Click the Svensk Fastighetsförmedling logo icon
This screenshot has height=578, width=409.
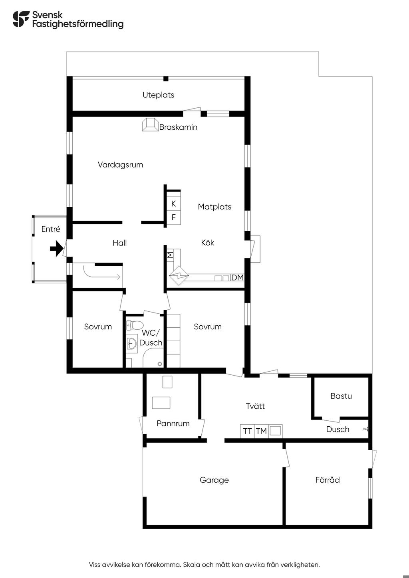(x=21, y=19)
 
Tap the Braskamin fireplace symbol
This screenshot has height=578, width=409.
(x=150, y=125)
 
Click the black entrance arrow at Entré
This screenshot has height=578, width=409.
(x=57, y=249)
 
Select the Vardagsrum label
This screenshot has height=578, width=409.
(x=120, y=164)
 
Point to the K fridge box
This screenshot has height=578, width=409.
(x=173, y=204)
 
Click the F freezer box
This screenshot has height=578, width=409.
(x=173, y=218)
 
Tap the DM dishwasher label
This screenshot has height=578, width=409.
(x=237, y=277)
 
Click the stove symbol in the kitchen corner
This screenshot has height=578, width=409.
(x=179, y=275)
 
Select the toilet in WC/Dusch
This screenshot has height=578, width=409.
(x=135, y=325)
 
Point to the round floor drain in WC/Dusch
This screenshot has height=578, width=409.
(x=160, y=364)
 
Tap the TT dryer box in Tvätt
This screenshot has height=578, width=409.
(x=247, y=431)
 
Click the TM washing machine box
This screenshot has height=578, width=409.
(x=261, y=431)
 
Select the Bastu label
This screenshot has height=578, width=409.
(x=341, y=396)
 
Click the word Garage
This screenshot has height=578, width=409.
(x=214, y=480)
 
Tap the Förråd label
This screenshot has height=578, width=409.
(x=328, y=480)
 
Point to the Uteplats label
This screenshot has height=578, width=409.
(x=158, y=95)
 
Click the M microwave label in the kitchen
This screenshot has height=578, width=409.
(x=170, y=255)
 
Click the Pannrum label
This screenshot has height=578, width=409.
(x=173, y=424)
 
